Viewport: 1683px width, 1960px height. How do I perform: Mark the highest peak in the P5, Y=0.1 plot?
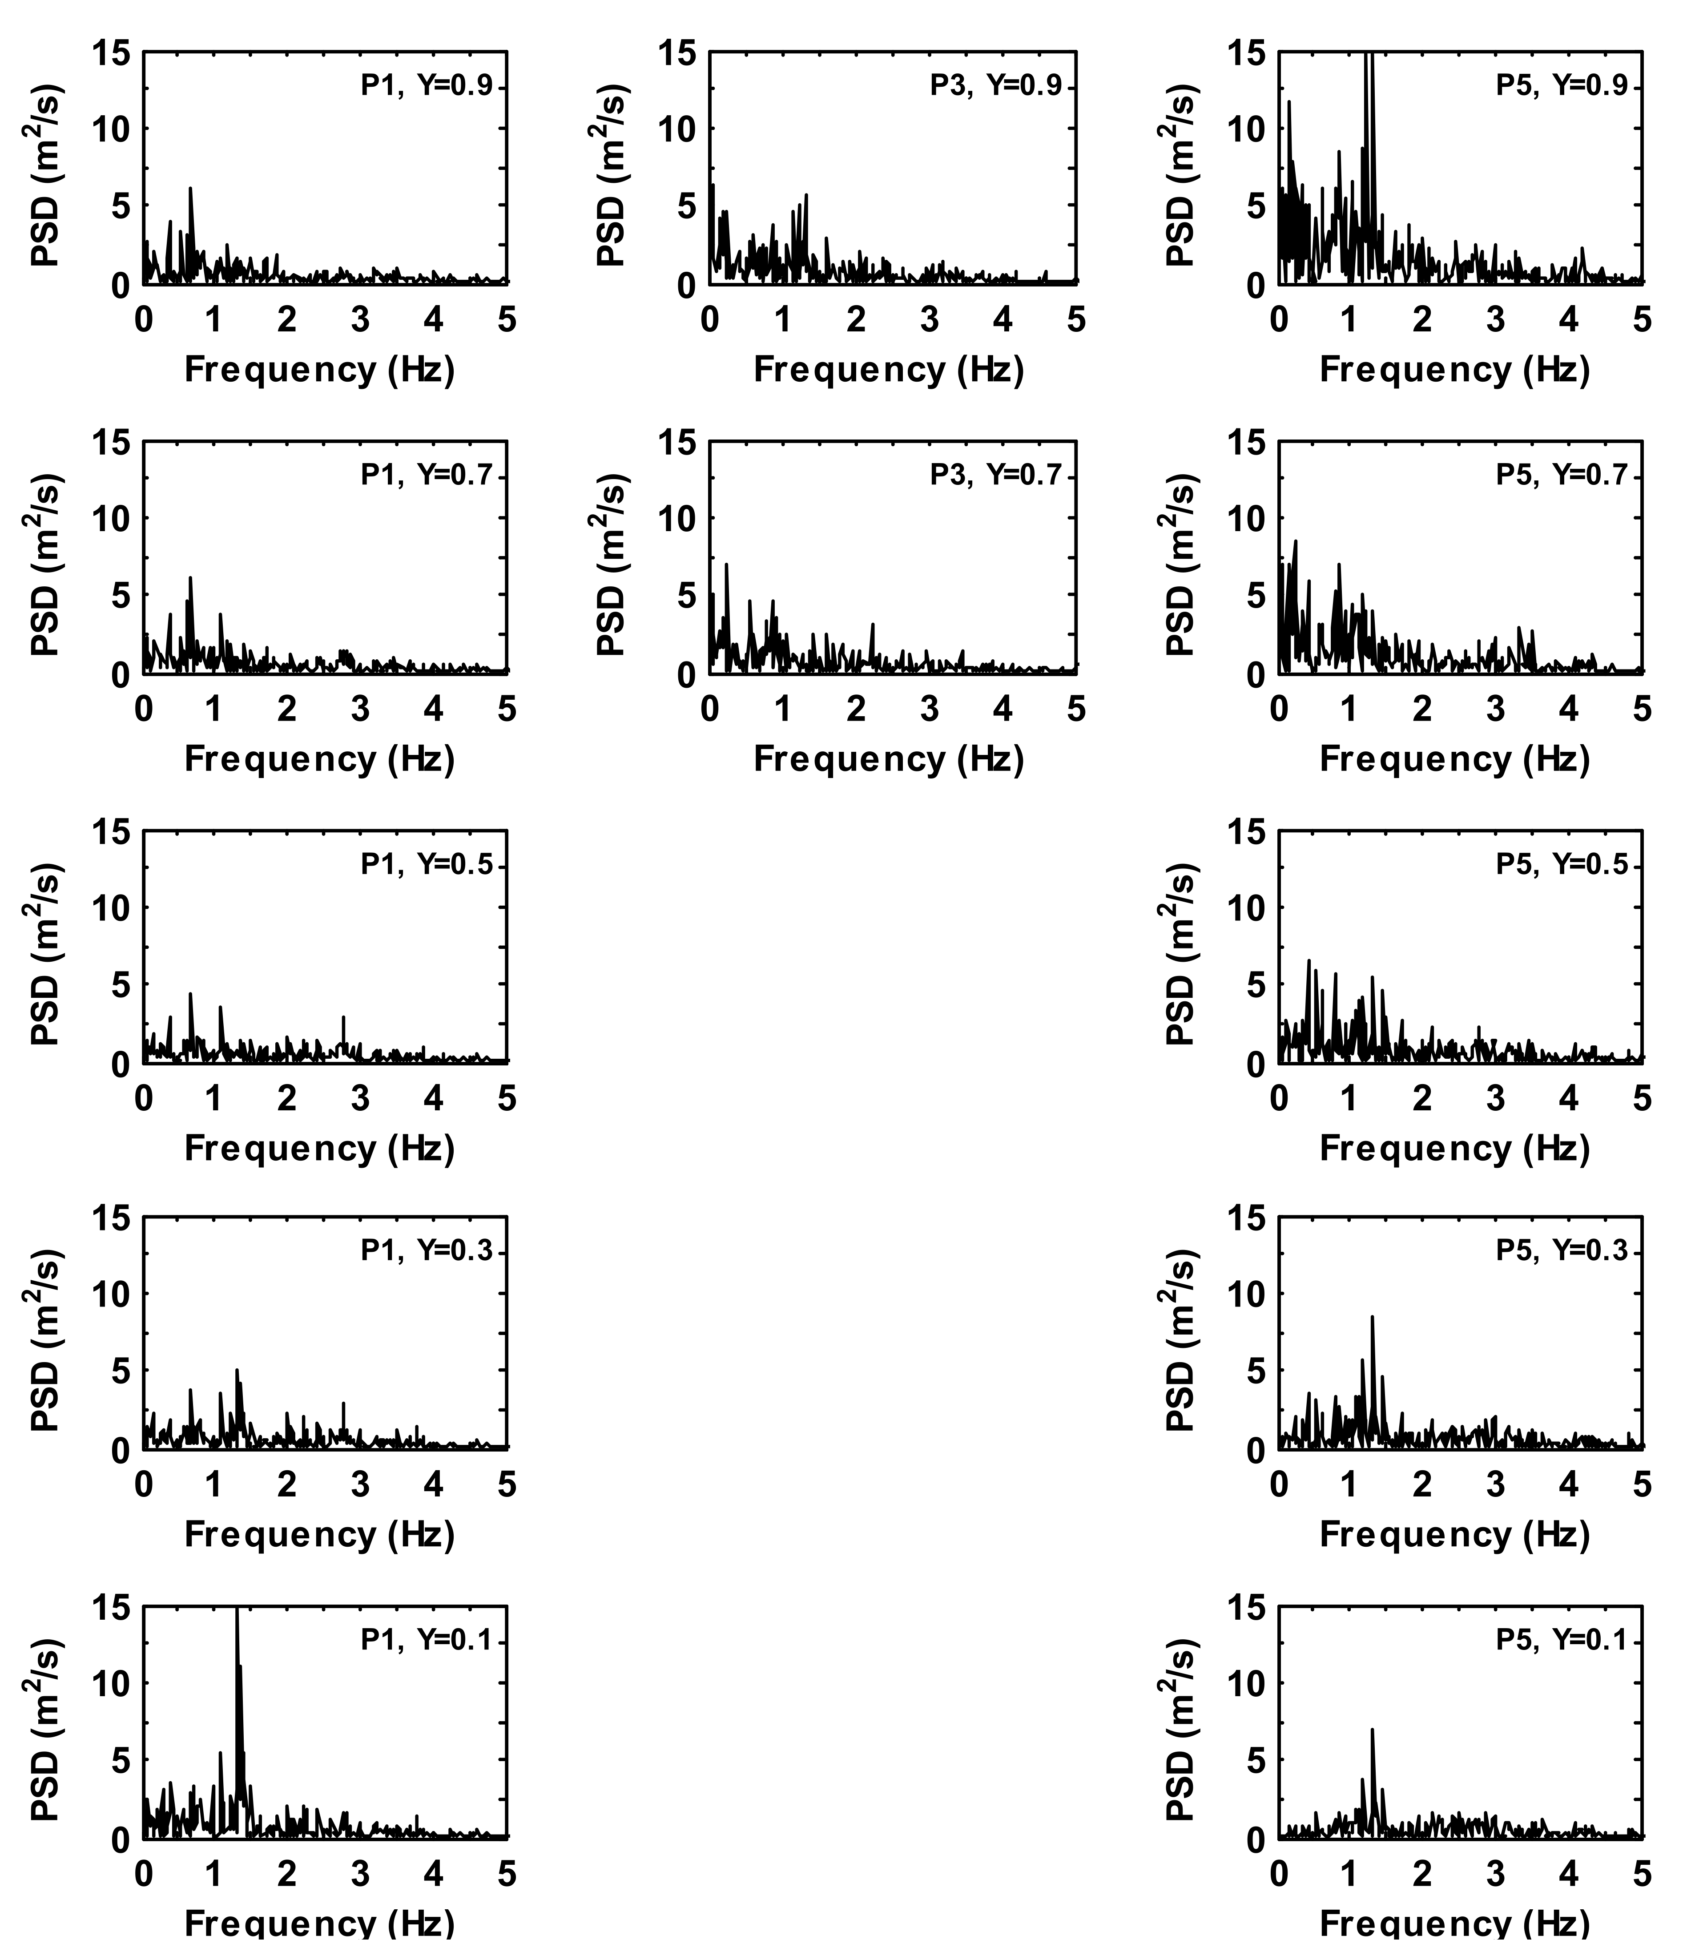pos(1372,1730)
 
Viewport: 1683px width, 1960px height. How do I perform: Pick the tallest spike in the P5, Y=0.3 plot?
pos(1372,1317)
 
